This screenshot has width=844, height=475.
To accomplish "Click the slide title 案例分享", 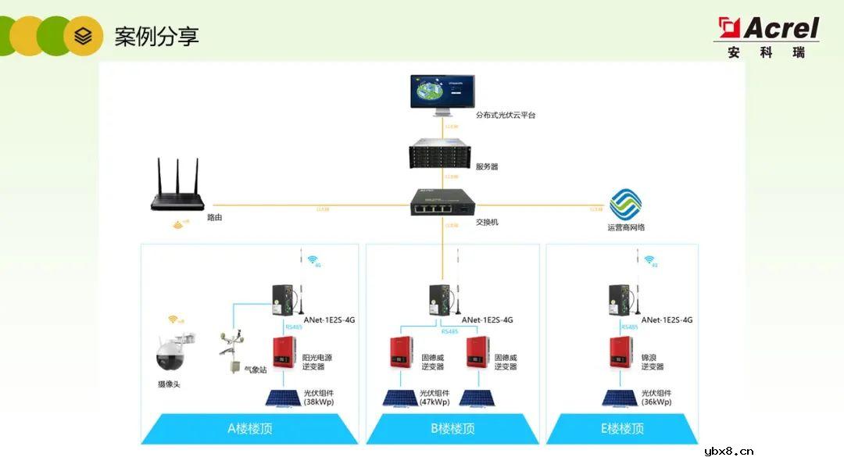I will click(156, 36).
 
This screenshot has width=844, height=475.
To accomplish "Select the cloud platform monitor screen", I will click(442, 93).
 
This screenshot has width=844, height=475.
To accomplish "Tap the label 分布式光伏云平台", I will click(506, 115).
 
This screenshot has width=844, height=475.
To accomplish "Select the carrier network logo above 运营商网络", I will click(625, 205).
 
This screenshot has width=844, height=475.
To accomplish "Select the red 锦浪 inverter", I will click(621, 354).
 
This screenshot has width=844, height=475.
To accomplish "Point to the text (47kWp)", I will click(435, 402).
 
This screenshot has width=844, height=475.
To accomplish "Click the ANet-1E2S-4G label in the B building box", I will click(487, 320).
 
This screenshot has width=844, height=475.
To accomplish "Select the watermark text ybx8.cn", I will click(728, 451).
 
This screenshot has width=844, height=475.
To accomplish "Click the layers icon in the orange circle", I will click(83, 36).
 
